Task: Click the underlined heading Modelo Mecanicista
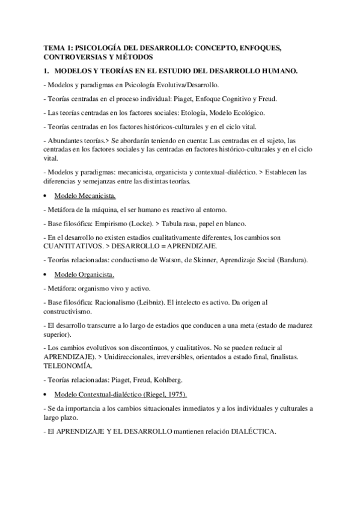coord(85,196)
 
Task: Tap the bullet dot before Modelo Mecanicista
coord(46,197)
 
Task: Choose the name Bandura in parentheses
coord(289,260)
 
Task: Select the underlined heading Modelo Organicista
coord(84,274)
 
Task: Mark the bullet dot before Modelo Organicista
coord(46,275)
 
